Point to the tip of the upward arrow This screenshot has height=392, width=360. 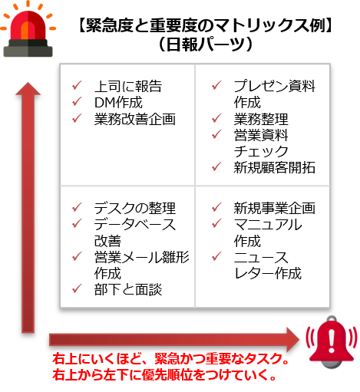tap(28, 83)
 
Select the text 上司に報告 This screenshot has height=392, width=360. tap(128, 86)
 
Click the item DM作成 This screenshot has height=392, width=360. tap(118, 103)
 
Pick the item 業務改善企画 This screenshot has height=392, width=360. tap(135, 119)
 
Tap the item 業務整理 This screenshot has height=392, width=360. tap(261, 119)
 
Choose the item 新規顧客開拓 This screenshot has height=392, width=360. tap(274, 167)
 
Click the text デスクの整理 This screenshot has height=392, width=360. tap(135, 208)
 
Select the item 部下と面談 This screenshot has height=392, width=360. tap(128, 289)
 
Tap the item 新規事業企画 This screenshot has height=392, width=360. tap(274, 208)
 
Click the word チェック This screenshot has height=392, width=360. tap(261, 151)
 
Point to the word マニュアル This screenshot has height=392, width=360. tap(268, 225)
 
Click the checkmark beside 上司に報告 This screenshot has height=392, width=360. tap(77, 85)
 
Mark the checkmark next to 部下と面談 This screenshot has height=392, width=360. tap(77, 288)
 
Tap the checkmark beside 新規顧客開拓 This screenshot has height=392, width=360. tap(216, 166)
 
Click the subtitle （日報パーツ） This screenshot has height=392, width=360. tap(206, 44)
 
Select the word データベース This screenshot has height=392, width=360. tap(135, 225)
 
